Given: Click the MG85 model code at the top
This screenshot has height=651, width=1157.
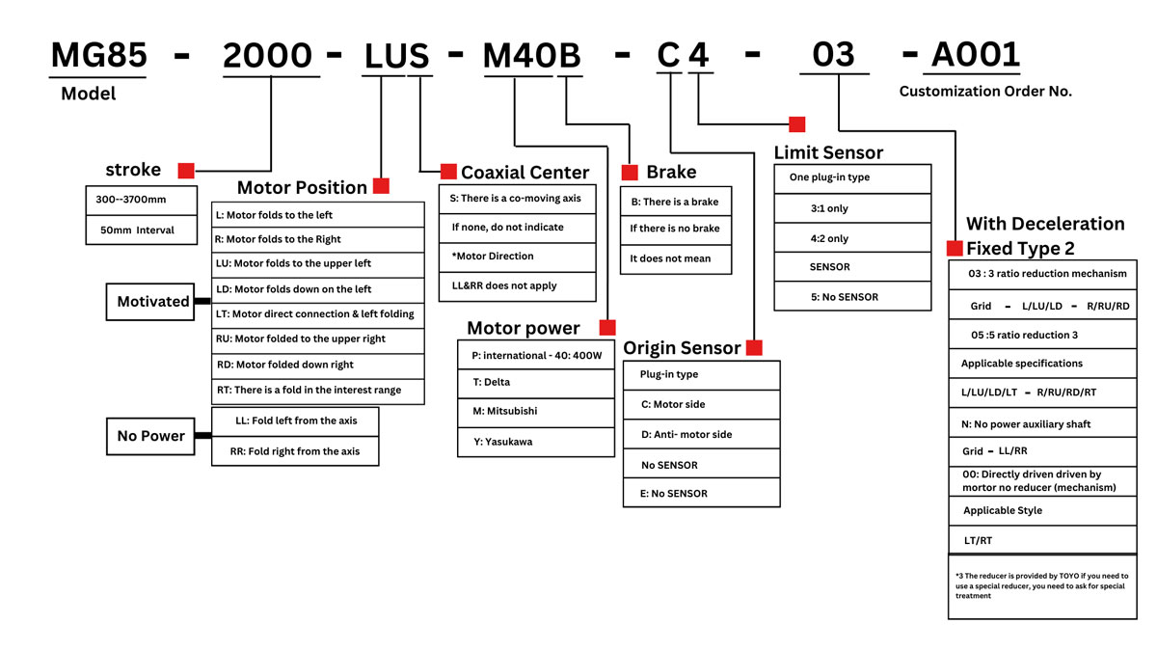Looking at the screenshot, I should (98, 56).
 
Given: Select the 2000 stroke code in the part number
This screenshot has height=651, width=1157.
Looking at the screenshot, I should (268, 56).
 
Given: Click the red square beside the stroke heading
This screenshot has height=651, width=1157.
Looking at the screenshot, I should (186, 171).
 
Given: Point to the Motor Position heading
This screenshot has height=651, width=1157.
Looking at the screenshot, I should (302, 187).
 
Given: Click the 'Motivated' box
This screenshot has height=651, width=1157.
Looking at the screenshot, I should (153, 302).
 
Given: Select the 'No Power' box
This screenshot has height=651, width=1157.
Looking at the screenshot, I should (150, 436).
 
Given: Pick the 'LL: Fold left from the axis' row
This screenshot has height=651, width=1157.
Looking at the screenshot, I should (295, 420).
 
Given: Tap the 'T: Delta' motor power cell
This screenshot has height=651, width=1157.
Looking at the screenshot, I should (536, 382).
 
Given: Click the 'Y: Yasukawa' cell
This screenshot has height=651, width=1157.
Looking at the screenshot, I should (536, 442).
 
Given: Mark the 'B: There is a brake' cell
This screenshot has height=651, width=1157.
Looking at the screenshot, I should (675, 202).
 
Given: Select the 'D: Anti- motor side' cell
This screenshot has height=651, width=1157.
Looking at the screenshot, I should (701, 434).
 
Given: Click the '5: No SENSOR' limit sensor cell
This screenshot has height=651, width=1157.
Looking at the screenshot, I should (852, 297).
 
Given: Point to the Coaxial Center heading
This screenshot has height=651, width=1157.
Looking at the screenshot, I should (525, 173).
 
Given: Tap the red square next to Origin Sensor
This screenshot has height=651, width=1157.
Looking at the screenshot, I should (754, 347).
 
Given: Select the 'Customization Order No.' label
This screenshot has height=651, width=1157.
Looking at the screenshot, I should (985, 92).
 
